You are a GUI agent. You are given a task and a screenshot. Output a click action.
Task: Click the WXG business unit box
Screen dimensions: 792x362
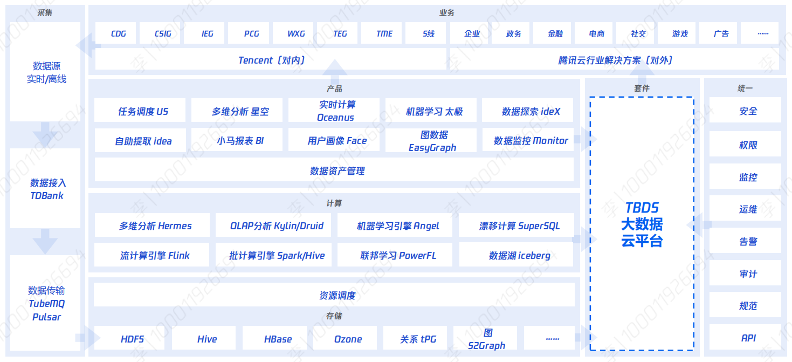click(x=296, y=33)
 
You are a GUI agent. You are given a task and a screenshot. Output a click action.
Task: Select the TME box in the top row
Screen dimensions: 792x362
click(x=384, y=33)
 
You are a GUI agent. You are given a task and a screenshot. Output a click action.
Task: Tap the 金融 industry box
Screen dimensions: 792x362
click(x=555, y=33)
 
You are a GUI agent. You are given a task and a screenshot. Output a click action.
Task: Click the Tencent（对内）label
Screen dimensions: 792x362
click(x=271, y=60)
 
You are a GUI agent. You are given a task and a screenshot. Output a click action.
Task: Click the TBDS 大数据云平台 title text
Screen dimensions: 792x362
click(x=642, y=224)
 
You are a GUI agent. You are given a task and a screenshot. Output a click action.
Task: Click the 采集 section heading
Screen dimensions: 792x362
click(x=45, y=12)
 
